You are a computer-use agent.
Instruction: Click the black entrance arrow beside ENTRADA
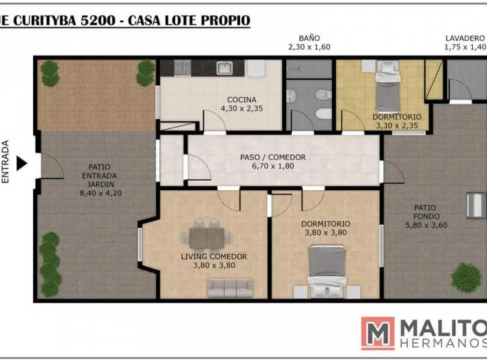click(x=21, y=163)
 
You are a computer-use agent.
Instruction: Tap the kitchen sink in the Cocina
click(x=225, y=68)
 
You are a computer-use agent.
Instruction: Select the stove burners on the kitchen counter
click(x=183, y=68)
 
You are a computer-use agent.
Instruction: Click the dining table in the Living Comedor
click(x=206, y=238)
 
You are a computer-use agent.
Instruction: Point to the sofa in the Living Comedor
click(x=231, y=288)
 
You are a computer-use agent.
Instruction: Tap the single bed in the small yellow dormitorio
click(x=388, y=87)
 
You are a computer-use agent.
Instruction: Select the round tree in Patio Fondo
click(x=466, y=277)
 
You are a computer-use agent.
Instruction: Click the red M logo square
click(x=378, y=334)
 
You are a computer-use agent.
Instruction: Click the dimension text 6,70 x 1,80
click(x=273, y=166)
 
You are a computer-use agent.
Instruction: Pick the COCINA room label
click(x=241, y=99)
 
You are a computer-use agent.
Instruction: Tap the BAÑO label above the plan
click(x=309, y=38)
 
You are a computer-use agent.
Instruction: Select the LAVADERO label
click(x=465, y=38)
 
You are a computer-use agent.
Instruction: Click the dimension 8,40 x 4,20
click(x=101, y=193)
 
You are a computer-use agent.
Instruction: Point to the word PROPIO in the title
click(x=225, y=20)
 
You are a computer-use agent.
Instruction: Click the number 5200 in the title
click(x=98, y=20)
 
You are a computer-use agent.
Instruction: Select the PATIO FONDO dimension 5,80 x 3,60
click(x=426, y=225)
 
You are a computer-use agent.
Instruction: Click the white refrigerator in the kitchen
click(x=255, y=68)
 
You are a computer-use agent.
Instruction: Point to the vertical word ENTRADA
click(x=5, y=162)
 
